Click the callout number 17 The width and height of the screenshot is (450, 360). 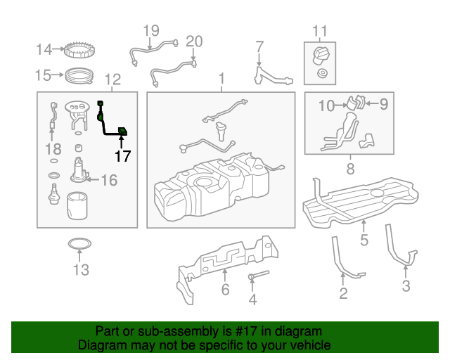pyautogui.click(x=122, y=156)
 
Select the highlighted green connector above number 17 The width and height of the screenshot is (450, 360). pyautogui.click(x=122, y=131)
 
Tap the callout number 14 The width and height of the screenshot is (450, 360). pyautogui.click(x=44, y=49)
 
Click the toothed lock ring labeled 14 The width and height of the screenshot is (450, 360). pyautogui.click(x=79, y=51)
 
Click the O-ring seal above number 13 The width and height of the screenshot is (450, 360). pyautogui.click(x=79, y=245)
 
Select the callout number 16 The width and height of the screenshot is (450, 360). pyautogui.click(x=108, y=181)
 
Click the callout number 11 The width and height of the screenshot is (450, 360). pyautogui.click(x=320, y=30)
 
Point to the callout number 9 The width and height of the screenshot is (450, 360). pyautogui.click(x=383, y=105)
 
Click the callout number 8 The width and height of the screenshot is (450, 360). pyautogui.click(x=349, y=169)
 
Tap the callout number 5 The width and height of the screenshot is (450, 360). pyautogui.click(x=364, y=240)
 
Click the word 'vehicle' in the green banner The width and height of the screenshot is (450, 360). pyautogui.click(x=307, y=345)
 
